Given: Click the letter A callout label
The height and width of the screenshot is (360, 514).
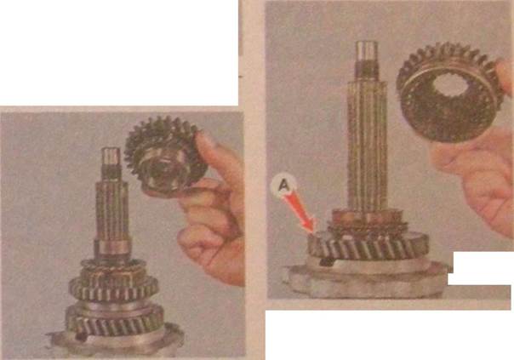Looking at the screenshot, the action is [x=283, y=186].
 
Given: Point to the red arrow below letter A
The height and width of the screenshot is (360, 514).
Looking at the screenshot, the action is [x=299, y=213].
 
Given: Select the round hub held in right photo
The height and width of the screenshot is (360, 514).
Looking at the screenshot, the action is [x=448, y=93].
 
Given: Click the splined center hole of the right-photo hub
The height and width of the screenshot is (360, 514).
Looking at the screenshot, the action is [x=449, y=85].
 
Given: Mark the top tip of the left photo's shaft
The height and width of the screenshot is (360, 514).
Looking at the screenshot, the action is [x=111, y=149].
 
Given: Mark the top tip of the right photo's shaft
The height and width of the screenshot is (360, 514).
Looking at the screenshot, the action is [x=366, y=43].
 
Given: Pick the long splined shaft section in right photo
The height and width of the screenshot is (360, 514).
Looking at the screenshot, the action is [x=367, y=145].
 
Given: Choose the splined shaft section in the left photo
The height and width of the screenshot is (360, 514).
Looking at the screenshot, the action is [x=111, y=210].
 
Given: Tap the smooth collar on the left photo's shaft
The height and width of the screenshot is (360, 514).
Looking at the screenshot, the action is [x=111, y=249].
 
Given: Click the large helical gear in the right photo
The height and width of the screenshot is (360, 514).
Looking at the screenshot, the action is [x=368, y=245].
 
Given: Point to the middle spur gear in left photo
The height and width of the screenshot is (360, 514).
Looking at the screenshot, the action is [x=113, y=289].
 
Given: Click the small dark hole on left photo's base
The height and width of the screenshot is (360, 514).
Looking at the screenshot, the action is [x=80, y=336].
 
